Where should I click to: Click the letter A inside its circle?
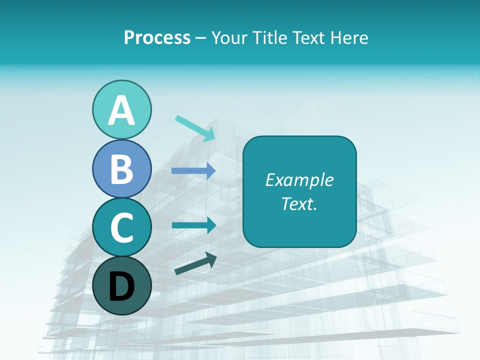tap(121, 111)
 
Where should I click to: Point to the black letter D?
tap(121, 286)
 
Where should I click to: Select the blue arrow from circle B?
tap(193, 170)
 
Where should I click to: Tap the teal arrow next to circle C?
tap(194, 225)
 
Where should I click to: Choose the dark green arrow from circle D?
tap(195, 263)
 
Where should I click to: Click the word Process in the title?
tap(157, 37)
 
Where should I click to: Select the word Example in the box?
tap(299, 180)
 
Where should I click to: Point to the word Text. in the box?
tap(299, 203)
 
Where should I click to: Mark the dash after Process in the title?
tap(201, 38)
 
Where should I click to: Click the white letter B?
tap(121, 169)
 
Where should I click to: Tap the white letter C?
tap(121, 227)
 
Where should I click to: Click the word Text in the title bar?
tap(308, 37)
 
